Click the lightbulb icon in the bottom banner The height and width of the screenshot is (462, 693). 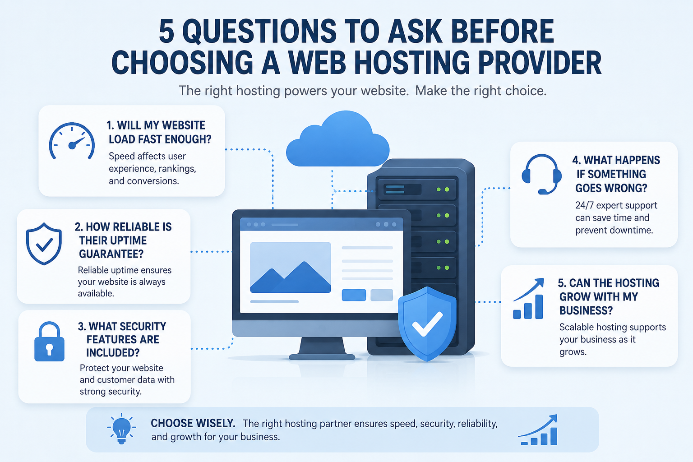coord(121,429)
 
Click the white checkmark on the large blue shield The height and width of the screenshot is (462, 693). coord(427,324)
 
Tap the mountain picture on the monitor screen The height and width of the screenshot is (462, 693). coord(291,268)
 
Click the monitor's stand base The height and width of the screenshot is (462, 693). coord(322,356)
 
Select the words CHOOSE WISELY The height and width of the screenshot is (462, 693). coord(193,423)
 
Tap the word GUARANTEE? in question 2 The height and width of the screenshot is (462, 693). coord(111,254)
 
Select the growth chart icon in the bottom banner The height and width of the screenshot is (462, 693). coord(538,430)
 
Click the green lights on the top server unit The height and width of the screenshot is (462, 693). coord(443,189)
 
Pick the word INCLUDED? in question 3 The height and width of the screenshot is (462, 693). coord(113,353)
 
